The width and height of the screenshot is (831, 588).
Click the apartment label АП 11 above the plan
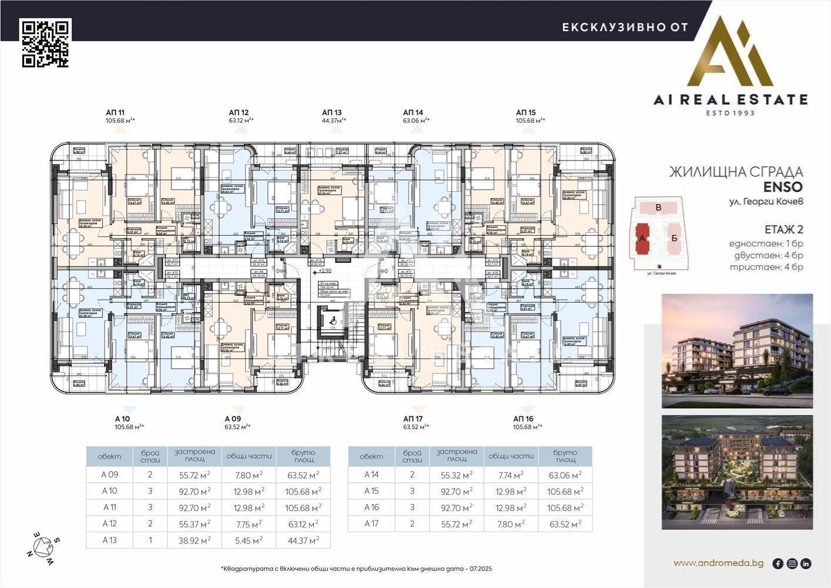pos(115,112)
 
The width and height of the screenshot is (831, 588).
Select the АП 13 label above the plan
pos(331,112)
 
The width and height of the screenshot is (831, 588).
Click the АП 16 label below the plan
pos(523,419)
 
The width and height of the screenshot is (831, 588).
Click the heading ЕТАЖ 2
pos(783,229)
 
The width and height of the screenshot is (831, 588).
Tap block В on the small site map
pos(659,208)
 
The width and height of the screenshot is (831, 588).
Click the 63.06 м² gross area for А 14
pos(565,475)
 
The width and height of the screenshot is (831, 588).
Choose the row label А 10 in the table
pos(110,491)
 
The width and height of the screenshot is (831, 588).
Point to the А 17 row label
pos(371,524)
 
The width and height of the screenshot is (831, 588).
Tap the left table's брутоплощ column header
pos(303,456)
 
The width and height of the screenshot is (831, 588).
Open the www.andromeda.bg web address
pos(718,563)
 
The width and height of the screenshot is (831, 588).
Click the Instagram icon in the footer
pos(792,563)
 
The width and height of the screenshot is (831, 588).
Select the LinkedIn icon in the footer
pos(806,563)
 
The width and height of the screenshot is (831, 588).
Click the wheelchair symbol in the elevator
pos(330,320)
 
